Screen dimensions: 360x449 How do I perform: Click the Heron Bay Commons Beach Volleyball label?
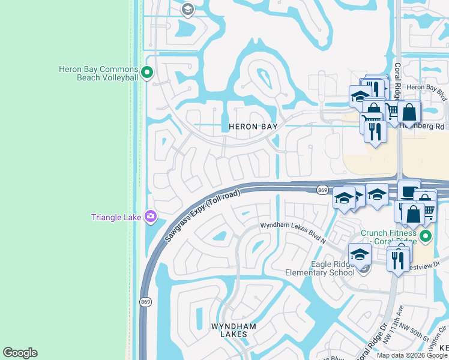(x=98, y=73)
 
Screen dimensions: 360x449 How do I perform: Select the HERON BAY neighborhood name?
(x=253, y=127)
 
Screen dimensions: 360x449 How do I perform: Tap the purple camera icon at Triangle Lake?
(x=151, y=217)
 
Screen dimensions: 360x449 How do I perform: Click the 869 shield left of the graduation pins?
(x=322, y=190)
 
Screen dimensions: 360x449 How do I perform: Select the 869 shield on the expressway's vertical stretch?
(x=145, y=301)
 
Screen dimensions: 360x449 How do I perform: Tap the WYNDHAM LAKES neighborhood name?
(x=234, y=330)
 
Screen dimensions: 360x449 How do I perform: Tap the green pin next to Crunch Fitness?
(x=426, y=236)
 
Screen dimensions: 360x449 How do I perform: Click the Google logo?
(x=20, y=353)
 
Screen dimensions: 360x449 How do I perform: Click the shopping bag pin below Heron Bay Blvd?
(x=409, y=112)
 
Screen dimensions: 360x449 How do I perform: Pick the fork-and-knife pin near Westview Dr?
(x=397, y=260)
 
